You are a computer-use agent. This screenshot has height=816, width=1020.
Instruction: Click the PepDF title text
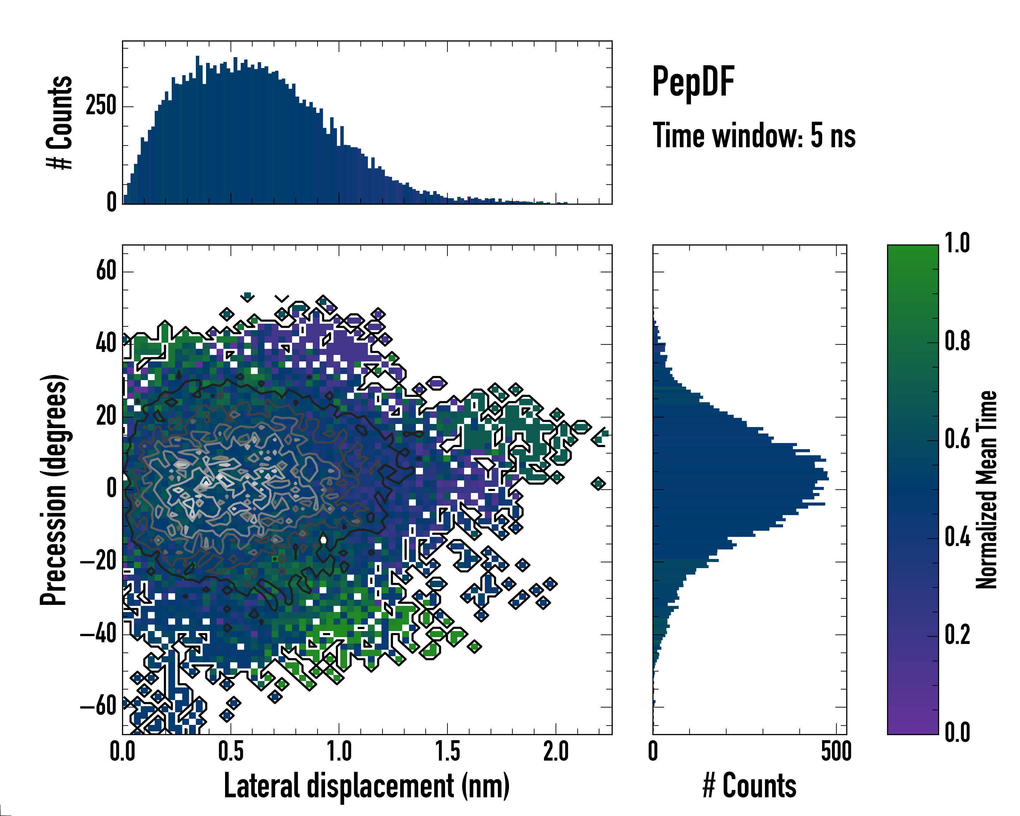(693, 81)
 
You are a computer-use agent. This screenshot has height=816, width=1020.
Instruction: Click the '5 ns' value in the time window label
(833, 136)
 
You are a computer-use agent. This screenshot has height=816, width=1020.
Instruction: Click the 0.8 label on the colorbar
(957, 341)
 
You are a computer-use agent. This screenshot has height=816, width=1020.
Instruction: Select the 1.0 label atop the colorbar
(957, 243)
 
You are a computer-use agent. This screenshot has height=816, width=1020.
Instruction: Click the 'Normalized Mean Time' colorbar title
(986, 490)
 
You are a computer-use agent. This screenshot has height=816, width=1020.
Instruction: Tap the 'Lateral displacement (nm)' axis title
(367, 786)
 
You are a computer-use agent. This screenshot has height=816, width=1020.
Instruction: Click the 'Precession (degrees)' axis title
(53, 490)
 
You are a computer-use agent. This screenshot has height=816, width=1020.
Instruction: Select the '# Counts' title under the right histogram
(749, 786)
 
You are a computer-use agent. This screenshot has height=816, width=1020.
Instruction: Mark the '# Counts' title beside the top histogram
(60, 122)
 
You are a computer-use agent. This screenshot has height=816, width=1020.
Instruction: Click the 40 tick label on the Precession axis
(106, 343)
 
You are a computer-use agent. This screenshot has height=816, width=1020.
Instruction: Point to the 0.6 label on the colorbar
(957, 439)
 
